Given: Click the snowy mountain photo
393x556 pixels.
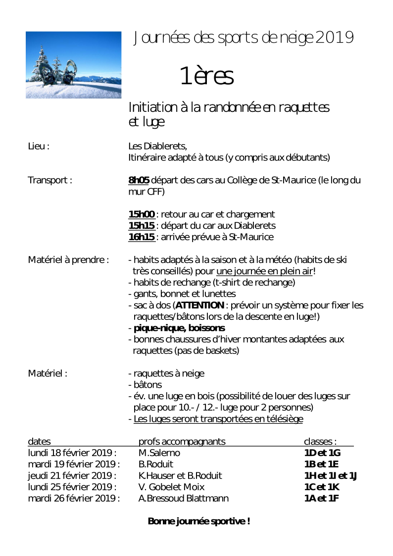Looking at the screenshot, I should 73,65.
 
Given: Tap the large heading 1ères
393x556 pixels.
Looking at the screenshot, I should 206,76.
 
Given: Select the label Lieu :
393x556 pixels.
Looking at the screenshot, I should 39,147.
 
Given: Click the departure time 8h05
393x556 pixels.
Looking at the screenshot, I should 139,180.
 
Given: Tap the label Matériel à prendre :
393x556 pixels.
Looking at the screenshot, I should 68,259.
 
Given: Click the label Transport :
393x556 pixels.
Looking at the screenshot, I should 50,180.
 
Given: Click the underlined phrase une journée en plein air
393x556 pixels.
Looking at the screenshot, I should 264,271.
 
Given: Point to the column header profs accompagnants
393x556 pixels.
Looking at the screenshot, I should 182,442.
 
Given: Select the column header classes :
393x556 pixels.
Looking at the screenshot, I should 320,442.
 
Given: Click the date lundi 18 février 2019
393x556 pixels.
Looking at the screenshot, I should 71,453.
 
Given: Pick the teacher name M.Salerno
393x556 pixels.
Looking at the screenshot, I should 159,453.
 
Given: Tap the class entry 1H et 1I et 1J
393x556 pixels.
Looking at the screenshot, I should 330,476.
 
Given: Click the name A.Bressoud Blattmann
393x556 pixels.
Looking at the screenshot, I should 184,499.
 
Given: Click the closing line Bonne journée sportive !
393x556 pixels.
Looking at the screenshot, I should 199,521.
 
